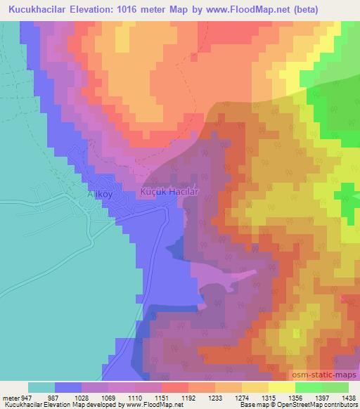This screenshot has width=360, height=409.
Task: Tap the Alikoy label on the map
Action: point(101,194)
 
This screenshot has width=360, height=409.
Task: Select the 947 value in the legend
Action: point(27,396)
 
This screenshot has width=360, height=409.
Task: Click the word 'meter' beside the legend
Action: point(9,396)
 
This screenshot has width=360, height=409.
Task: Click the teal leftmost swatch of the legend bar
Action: point(41,387)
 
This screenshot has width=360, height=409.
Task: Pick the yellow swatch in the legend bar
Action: point(281,387)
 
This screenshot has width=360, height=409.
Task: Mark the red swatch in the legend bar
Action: point(175,387)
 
